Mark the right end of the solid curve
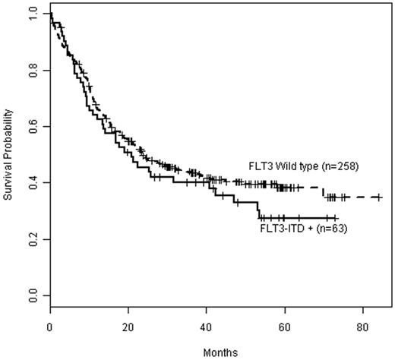pos(337,218)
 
